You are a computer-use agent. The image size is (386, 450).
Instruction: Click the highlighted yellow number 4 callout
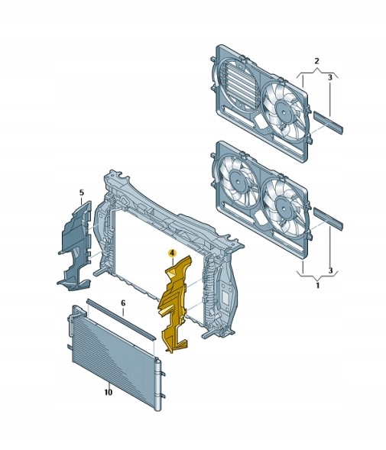tap(172, 254)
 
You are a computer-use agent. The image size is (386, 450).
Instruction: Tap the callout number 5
tap(82, 193)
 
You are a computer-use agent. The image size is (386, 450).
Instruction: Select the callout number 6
tap(123, 303)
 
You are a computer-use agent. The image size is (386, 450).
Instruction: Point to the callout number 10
tap(108, 392)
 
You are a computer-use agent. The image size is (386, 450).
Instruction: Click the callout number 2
tap(316, 61)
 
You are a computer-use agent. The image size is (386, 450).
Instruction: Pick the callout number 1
tap(318, 286)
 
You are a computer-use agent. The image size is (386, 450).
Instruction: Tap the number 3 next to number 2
tap(330, 77)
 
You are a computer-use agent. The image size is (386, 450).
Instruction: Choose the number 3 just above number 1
tap(330, 270)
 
